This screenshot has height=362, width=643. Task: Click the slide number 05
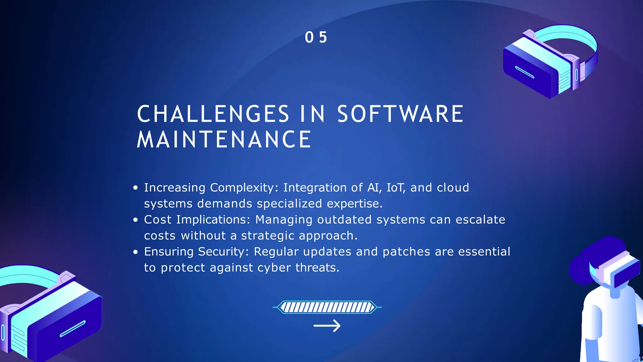(316, 37)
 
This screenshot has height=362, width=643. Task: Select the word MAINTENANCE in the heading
(224, 140)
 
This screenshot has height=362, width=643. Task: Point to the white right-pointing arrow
(327, 326)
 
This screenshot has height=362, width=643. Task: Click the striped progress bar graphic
(327, 307)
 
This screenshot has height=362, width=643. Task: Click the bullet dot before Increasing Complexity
(135, 188)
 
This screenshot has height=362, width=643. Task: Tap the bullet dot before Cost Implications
(135, 220)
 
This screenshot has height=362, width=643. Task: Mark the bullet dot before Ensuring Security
(135, 252)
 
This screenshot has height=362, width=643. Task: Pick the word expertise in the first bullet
(354, 204)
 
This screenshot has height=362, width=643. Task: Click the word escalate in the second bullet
(480, 220)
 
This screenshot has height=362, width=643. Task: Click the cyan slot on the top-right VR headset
(524, 72)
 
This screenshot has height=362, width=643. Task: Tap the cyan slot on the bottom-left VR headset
(73, 329)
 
